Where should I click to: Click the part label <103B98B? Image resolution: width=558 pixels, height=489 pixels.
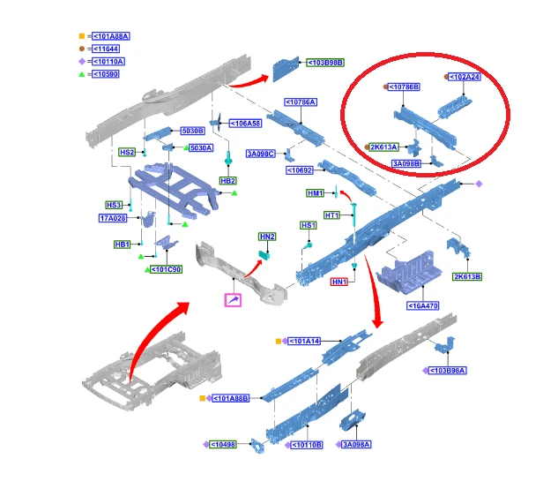click(325, 63)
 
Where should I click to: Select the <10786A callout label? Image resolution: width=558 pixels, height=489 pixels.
click(301, 102)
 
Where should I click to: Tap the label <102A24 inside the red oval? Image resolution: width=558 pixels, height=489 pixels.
click(465, 77)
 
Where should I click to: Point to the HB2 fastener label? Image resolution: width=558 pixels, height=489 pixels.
click(227, 181)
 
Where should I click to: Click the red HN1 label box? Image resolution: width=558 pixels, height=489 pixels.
click(339, 282)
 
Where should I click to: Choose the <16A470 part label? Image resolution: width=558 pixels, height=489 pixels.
click(423, 305)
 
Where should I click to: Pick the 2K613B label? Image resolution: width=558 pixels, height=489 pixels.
click(467, 276)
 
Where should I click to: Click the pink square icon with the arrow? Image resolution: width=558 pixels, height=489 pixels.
click(233, 300)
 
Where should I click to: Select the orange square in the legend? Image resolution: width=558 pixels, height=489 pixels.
click(82, 36)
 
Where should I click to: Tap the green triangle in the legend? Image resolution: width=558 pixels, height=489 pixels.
click(82, 74)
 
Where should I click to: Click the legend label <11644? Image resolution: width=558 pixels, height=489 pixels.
click(106, 49)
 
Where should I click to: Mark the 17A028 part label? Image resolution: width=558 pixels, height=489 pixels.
click(113, 218)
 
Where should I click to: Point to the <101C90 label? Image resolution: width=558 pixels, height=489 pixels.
click(167, 269)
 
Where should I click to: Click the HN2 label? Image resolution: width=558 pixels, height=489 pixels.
click(267, 237)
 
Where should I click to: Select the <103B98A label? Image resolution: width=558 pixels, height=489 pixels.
click(447, 371)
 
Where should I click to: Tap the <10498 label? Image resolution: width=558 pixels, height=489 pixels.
click(223, 445)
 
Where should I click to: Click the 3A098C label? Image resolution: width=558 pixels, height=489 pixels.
click(261, 154)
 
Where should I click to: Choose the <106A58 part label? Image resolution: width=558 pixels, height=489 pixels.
click(246, 124)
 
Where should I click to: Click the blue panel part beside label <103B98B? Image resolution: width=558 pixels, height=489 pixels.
click(286, 69)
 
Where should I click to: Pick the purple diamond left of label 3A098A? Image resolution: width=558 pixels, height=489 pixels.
click(339, 445)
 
